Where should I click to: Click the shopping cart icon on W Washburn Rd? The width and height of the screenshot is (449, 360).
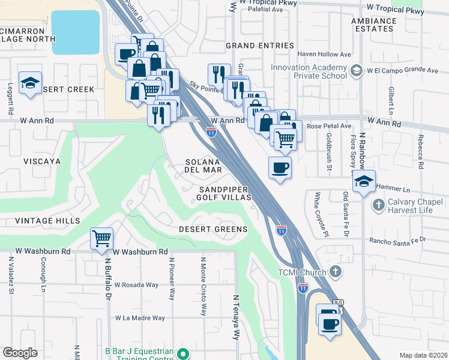pyautogui.click(x=101, y=238)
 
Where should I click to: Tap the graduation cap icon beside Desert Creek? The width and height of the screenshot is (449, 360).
pyautogui.click(x=29, y=85)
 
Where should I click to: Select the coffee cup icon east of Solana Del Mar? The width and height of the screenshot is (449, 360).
pyautogui.click(x=280, y=167)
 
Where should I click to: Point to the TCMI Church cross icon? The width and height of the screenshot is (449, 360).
pyautogui.click(x=335, y=272)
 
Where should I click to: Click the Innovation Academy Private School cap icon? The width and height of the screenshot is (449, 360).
pyautogui.click(x=357, y=71)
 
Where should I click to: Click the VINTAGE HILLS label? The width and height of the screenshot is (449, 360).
pyautogui.click(x=40, y=221)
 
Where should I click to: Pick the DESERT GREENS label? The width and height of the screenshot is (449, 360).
pyautogui.click(x=213, y=230)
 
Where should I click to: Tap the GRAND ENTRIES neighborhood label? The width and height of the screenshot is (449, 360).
pyautogui.click(x=259, y=46)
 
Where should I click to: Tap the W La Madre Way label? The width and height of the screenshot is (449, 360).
pyautogui.click(x=140, y=318)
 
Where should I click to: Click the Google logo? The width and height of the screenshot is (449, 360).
pyautogui.click(x=20, y=353)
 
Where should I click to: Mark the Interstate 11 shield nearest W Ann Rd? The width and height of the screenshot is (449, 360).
pyautogui.click(x=211, y=132)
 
